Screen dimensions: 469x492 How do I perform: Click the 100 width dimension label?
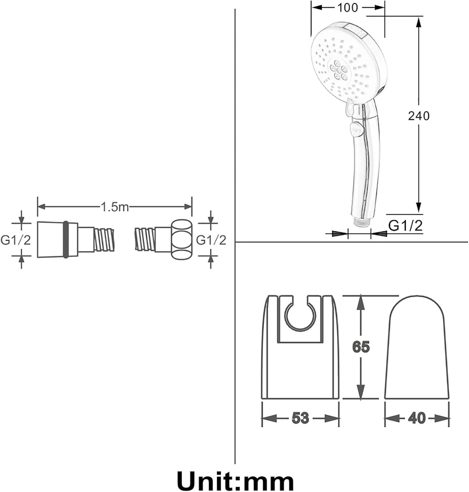click(x=347, y=7)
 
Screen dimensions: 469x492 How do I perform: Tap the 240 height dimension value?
click(x=419, y=116)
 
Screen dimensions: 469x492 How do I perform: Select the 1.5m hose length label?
click(x=114, y=207)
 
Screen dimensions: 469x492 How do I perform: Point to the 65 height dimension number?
click(x=361, y=347)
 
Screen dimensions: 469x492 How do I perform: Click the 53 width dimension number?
click(x=300, y=418)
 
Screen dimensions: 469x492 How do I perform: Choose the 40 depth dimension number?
click(x=417, y=418)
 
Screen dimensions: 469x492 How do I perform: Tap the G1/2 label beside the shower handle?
click(x=405, y=226)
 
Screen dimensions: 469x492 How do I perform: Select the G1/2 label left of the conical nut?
click(x=15, y=240)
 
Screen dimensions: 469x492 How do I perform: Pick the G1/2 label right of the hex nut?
click(x=211, y=240)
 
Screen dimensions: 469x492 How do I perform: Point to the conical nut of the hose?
click(x=58, y=239)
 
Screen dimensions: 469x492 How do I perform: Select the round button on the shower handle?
click(x=356, y=129)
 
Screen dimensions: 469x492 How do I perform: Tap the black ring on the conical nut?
click(x=66, y=239)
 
